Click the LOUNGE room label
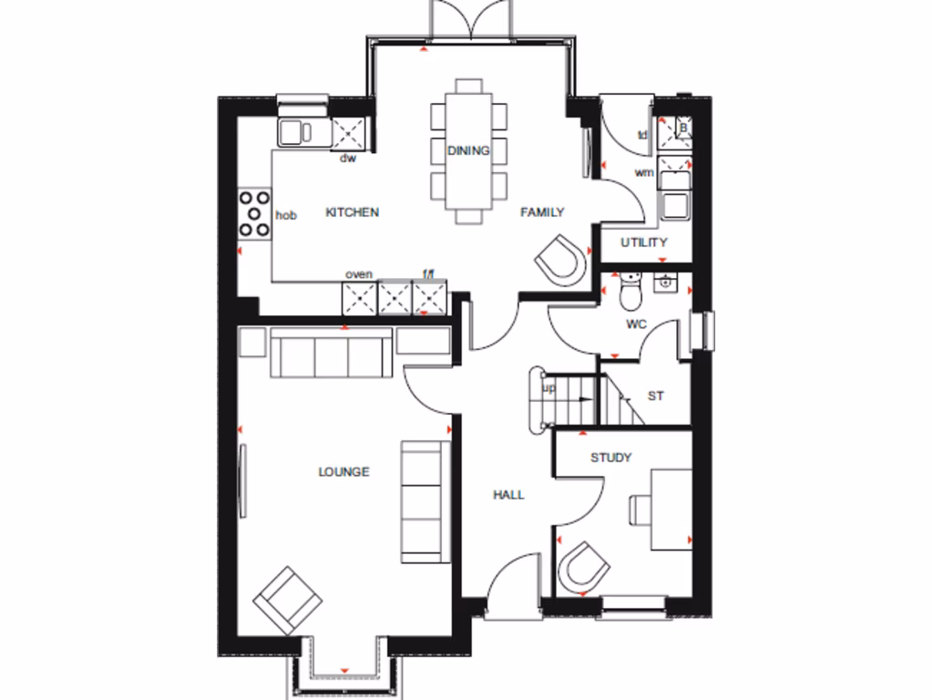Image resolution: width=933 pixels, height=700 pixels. [343, 472]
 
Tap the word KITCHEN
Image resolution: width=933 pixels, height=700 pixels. [352, 212]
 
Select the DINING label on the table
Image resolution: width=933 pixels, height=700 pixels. [468, 150]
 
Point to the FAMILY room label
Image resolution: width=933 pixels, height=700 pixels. [542, 212]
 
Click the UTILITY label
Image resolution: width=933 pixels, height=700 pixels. [644, 242]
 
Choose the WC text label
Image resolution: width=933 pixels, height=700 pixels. [636, 324]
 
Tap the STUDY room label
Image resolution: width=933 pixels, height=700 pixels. [610, 458]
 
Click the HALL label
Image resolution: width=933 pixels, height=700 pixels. [508, 495]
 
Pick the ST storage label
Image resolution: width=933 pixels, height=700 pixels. [655, 396]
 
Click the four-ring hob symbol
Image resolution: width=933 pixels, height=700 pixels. [254, 212]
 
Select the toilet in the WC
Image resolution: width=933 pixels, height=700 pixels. [630, 292]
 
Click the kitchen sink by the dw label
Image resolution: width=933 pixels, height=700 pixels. [302, 130]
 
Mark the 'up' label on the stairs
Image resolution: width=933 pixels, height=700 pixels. [549, 387]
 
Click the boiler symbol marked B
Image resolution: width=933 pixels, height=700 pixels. [675, 130]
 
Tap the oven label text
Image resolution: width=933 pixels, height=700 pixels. [358, 274]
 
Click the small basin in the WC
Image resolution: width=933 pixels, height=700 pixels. [667, 283]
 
